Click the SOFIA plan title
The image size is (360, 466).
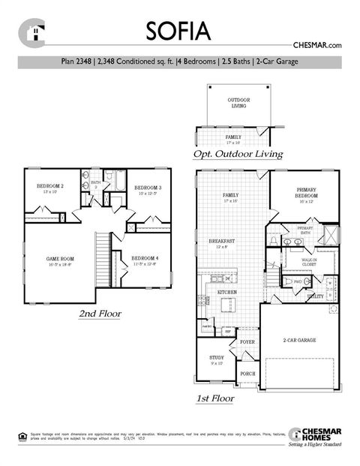(178, 32)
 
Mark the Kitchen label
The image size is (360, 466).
(227, 291)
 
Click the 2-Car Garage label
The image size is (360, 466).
(299, 340)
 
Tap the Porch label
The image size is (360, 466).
(247, 373)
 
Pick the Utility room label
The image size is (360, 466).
(315, 296)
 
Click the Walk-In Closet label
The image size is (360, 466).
(308, 263)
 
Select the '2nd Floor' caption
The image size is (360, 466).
(100, 313)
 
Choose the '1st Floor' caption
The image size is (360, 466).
(214, 398)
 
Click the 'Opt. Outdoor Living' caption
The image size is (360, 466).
(238, 154)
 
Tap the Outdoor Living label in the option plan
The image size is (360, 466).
(238, 103)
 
